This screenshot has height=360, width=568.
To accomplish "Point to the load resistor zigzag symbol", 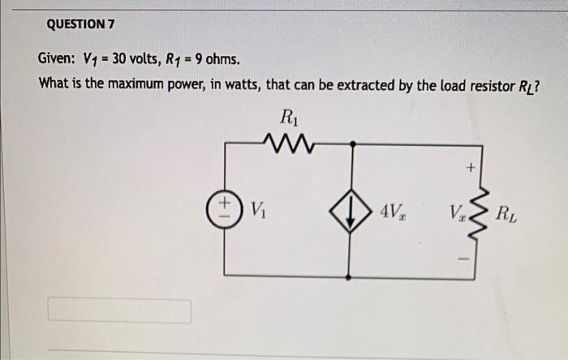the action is point(476,213).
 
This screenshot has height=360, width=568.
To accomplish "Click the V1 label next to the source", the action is point(256,211).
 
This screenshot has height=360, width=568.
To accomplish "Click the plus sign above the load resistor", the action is point(469,168).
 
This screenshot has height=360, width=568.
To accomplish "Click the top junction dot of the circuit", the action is point(350,143).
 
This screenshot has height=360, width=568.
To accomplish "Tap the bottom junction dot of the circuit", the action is point(350,277).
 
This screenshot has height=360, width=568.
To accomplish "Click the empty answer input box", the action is point(120,311).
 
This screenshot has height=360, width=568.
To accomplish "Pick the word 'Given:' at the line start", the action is point(57,59).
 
